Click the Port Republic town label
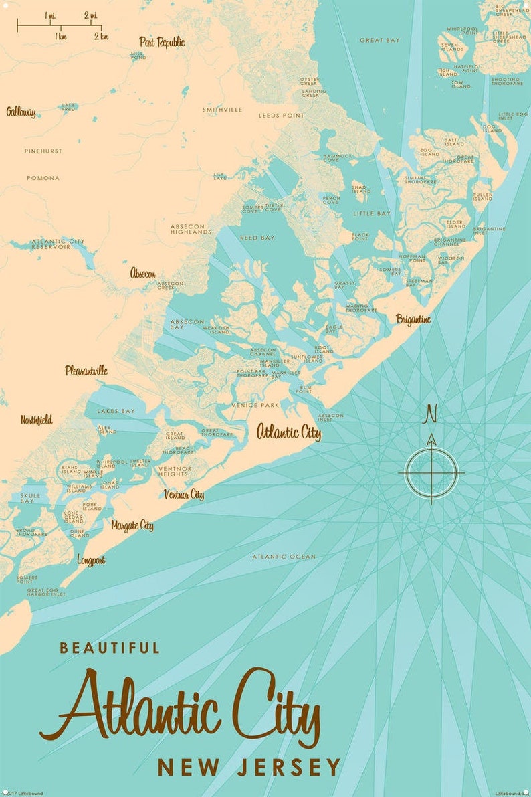pyautogui.click(x=162, y=42)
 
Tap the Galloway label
pyautogui.click(x=21, y=112)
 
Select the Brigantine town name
pyautogui.click(x=413, y=319)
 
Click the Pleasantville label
pyautogui.click(x=86, y=370)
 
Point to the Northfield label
pyautogui.click(x=36, y=420)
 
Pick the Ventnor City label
pyautogui.click(x=184, y=495)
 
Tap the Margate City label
pyautogui.click(x=132, y=525)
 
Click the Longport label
pyautogui.click(x=91, y=559)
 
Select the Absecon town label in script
pyautogui.click(x=143, y=273)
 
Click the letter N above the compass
pyautogui.click(x=431, y=415)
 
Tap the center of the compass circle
pyautogui.click(x=431, y=473)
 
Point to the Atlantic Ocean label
pyautogui.click(x=284, y=557)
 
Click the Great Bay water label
pyautogui.click(x=379, y=41)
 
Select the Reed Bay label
pyautogui.click(x=257, y=238)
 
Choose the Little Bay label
pyautogui.click(x=372, y=213)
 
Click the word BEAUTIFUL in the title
pyautogui.click(x=110, y=648)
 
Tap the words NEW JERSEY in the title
pyautogui.click(x=249, y=768)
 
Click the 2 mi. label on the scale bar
pyautogui.click(x=91, y=15)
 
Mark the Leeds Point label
pyautogui.click(x=281, y=116)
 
